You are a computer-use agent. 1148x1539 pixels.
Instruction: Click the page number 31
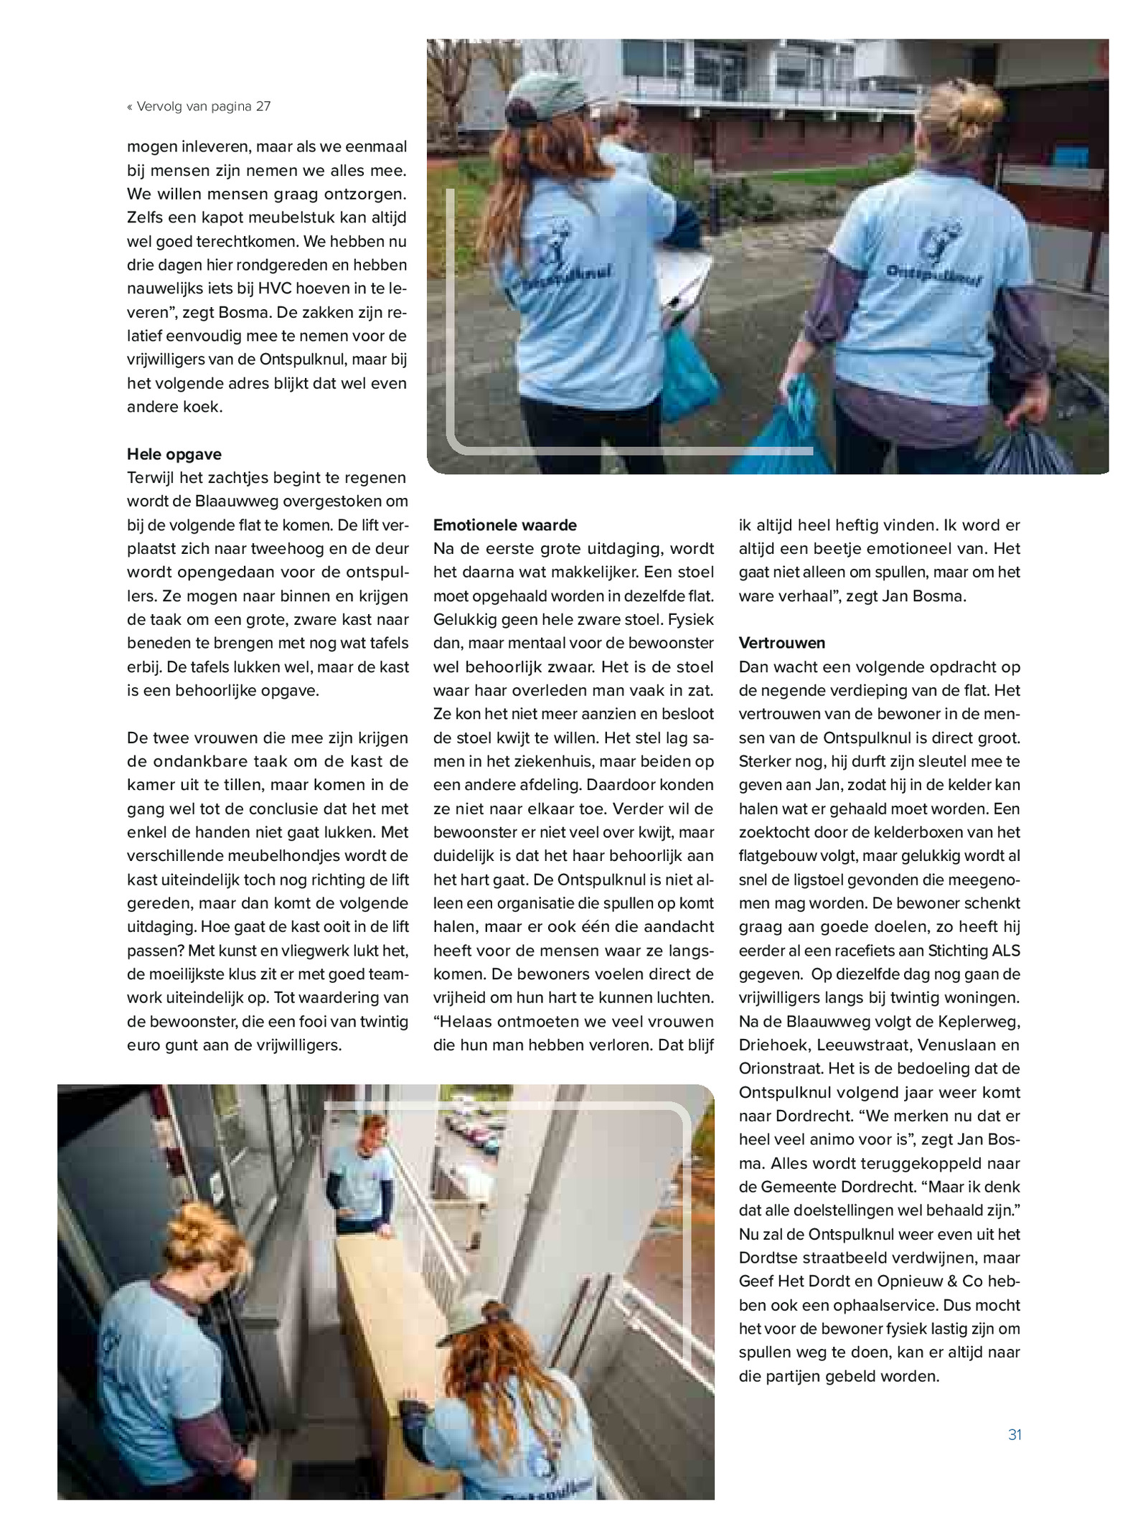point(1014,1434)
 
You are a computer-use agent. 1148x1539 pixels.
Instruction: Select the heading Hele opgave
point(174,454)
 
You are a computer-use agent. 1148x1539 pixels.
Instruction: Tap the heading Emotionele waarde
point(505,525)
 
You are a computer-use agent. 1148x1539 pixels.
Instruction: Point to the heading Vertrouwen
point(782,643)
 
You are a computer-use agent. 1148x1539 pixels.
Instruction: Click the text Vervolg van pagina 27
point(203,107)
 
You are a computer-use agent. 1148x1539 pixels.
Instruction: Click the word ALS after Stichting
point(1006,951)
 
